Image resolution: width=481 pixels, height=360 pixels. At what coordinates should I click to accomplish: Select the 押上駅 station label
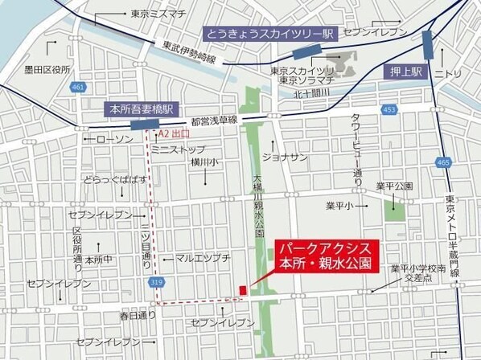403,71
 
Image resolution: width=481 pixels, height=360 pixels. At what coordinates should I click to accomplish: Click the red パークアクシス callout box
323,256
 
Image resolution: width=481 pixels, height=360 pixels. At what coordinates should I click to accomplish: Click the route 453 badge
389,108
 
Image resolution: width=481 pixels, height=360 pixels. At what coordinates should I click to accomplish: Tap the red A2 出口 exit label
174,134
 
